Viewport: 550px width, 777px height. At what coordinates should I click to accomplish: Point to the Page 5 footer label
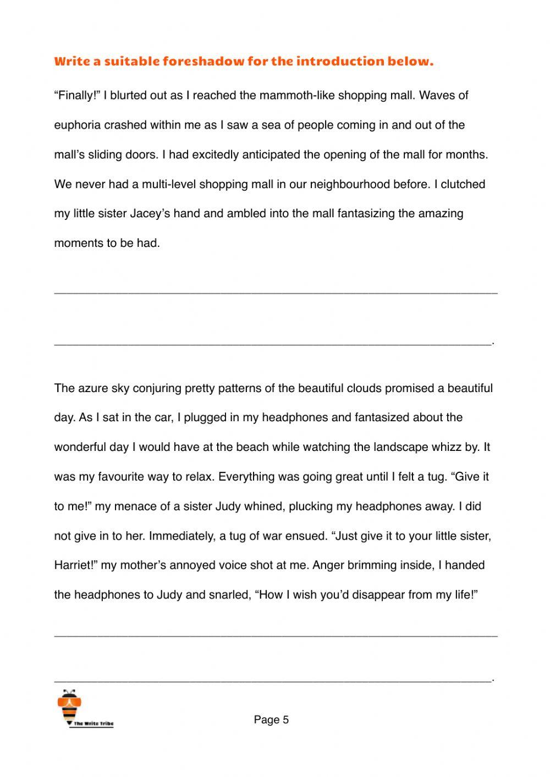(x=271, y=720)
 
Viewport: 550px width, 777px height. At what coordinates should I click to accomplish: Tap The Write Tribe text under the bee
(x=93, y=724)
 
